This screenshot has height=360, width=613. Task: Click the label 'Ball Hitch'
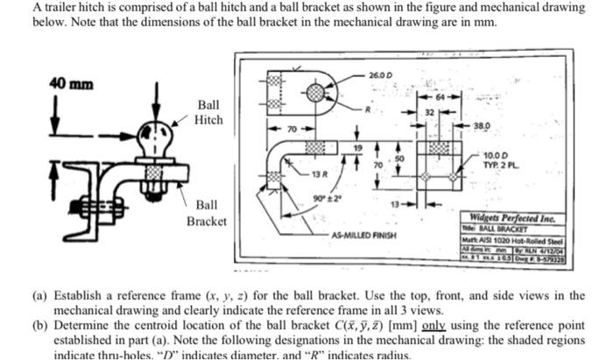(x=208, y=111)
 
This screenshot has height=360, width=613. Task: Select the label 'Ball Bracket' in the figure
(x=207, y=212)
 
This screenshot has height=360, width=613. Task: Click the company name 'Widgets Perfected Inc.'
(x=512, y=219)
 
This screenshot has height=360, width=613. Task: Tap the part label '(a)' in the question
(x=41, y=296)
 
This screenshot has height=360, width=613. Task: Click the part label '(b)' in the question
(x=41, y=324)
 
